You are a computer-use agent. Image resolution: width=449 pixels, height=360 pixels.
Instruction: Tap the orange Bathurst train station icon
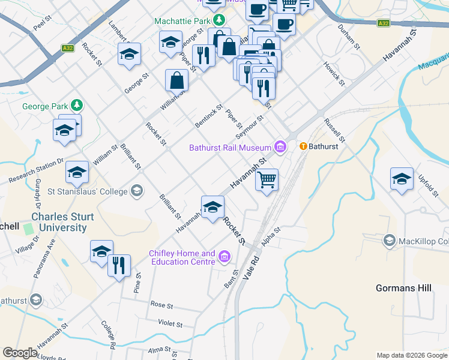point(303,146)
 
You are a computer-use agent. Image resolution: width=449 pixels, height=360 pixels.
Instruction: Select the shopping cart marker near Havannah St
point(267,179)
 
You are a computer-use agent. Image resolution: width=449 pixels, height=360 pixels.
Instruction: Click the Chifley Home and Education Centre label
point(182,257)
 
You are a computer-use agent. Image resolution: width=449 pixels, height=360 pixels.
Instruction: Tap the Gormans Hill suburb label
point(403,288)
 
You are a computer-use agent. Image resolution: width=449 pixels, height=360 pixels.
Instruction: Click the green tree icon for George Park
point(76,106)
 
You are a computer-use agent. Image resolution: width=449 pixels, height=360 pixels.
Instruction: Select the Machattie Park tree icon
point(220,20)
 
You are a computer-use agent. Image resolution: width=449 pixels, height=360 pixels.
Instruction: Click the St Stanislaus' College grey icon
point(137,191)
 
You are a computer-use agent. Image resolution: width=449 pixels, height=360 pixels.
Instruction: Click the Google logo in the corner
point(20,353)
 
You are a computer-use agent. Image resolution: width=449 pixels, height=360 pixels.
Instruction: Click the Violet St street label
point(170,323)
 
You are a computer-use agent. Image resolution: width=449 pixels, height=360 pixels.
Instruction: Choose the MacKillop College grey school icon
point(389,241)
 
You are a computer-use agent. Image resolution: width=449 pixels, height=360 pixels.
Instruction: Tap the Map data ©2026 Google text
point(411,355)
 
